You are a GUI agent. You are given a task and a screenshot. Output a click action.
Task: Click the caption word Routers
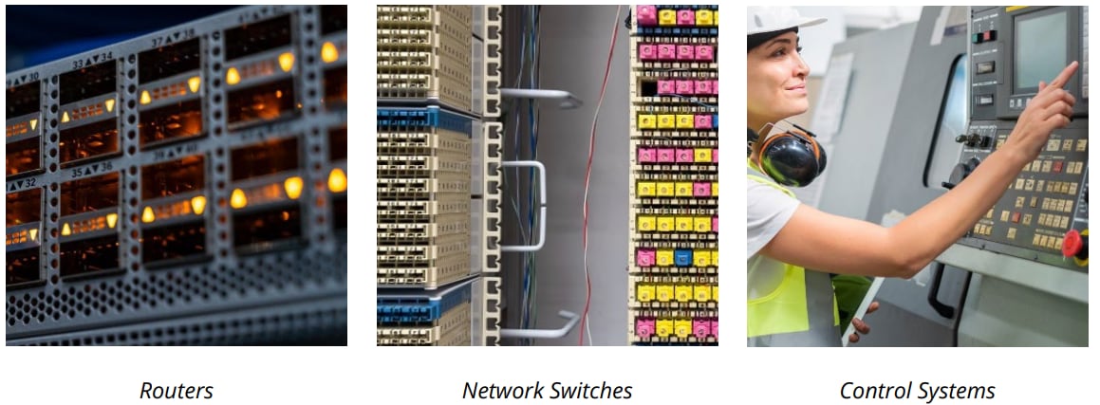177,391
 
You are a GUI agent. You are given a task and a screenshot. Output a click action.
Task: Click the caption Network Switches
547,391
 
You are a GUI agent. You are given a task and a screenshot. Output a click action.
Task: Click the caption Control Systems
917,391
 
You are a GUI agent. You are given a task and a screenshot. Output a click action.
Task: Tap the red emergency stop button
1073,245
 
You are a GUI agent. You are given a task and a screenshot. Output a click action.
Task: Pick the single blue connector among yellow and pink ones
682,258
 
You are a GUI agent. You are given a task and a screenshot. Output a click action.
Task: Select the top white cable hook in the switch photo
541,97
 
